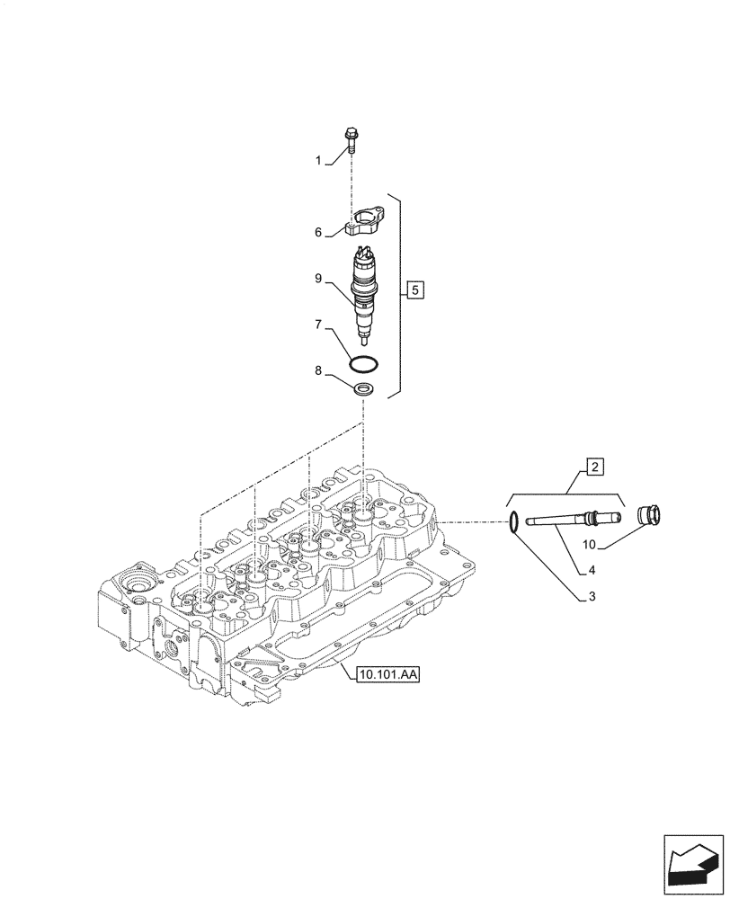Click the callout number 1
click(318, 160)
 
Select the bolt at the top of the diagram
click(350, 141)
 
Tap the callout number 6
click(318, 232)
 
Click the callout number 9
click(318, 279)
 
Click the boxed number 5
click(414, 289)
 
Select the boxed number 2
click(595, 466)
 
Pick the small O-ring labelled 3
click(512, 521)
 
